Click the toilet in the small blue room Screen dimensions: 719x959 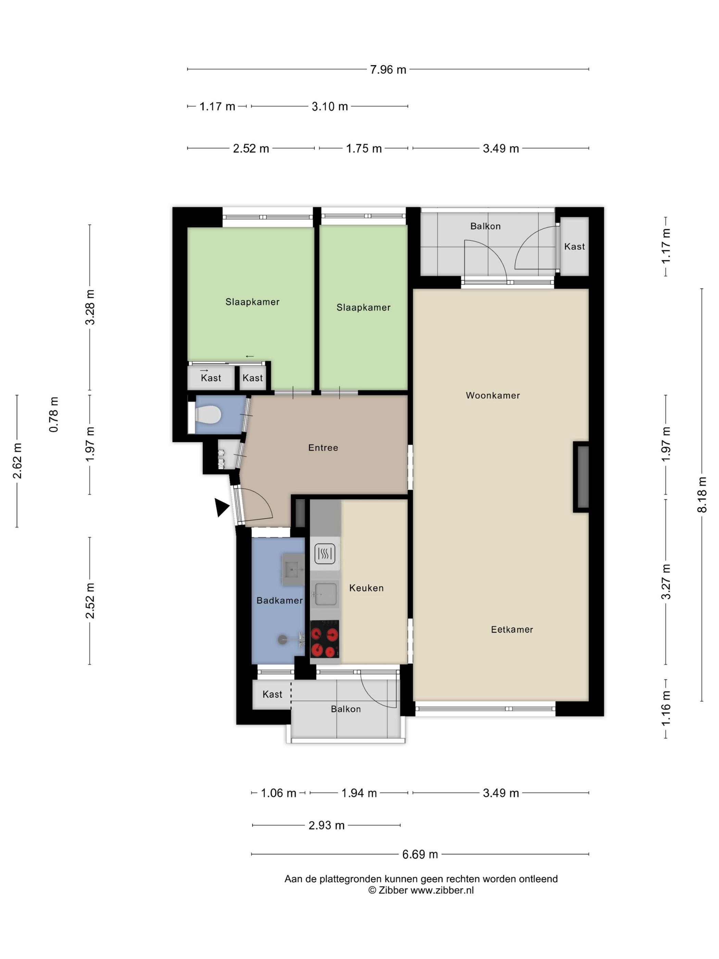click(x=208, y=414)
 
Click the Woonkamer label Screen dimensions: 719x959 click(x=493, y=395)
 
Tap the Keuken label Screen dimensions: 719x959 click(x=366, y=588)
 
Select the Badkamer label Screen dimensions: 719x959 click(x=279, y=600)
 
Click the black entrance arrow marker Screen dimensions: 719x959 click(x=222, y=507)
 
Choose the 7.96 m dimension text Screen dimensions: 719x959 click(x=388, y=70)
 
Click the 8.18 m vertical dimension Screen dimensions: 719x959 click(x=702, y=495)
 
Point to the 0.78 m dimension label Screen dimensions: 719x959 click(x=53, y=414)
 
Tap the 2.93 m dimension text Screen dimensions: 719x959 click(x=326, y=825)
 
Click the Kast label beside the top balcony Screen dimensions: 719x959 click(x=574, y=247)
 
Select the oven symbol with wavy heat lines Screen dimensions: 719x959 click(x=325, y=553)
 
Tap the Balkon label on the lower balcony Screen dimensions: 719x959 click(x=345, y=709)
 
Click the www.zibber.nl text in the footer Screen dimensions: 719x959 click(x=442, y=891)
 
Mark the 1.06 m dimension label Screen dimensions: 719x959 click(x=278, y=793)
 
